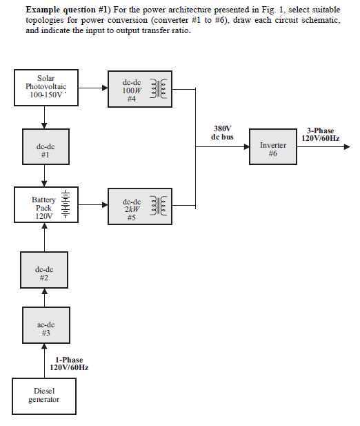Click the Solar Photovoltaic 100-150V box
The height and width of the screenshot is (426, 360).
pyautogui.click(x=45, y=88)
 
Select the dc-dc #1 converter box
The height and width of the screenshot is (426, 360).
pyautogui.click(x=45, y=151)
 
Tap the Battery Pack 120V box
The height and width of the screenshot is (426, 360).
pyautogui.click(x=45, y=205)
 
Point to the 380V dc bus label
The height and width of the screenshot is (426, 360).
pyautogui.click(x=222, y=133)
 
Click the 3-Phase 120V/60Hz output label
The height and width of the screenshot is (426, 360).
pyautogui.click(x=320, y=134)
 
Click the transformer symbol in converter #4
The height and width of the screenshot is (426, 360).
pyautogui.click(x=162, y=90)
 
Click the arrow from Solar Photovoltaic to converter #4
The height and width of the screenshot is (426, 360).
pyautogui.click(x=92, y=89)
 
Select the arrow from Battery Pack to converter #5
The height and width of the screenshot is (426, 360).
pyautogui.click(x=92, y=205)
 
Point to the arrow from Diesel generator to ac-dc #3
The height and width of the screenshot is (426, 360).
pyautogui.click(x=45, y=361)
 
